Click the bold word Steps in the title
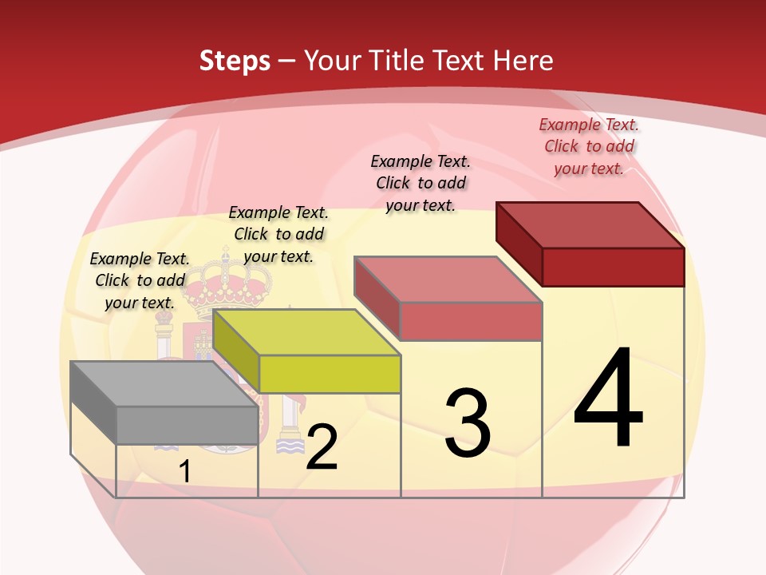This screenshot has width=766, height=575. [x=235, y=61]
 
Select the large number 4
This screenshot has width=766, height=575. [x=608, y=399]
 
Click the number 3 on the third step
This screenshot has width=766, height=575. [x=468, y=423]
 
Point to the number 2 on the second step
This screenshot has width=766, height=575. [x=322, y=447]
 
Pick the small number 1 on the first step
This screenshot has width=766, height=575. [x=184, y=472]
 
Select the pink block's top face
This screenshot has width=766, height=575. [x=448, y=280]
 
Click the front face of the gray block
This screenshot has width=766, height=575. [x=187, y=425]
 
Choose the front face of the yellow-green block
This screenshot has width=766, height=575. [x=330, y=374]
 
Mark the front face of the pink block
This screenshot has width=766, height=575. [x=471, y=321]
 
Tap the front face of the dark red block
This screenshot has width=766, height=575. [x=613, y=267]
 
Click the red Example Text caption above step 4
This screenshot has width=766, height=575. [x=589, y=146]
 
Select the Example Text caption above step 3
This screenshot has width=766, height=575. [x=421, y=183]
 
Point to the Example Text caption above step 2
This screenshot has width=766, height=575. [x=278, y=234]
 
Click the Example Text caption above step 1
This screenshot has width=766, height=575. [x=140, y=280]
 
